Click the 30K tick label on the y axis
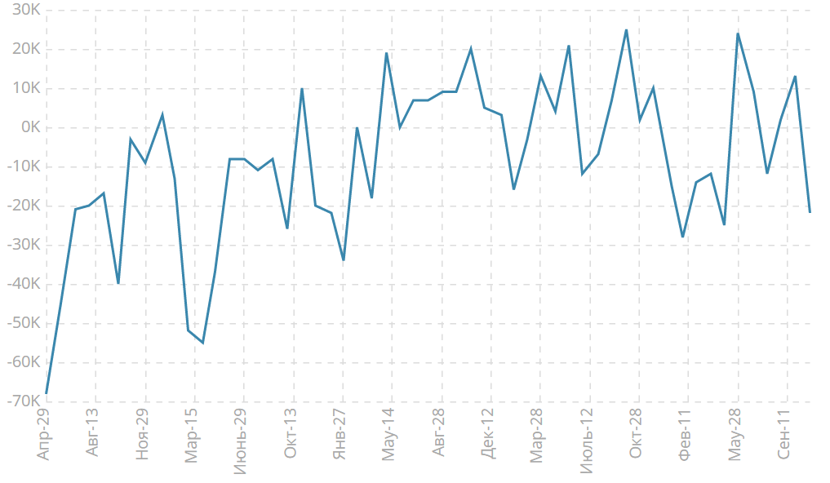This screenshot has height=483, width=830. [27, 11]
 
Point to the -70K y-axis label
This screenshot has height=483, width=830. [24, 401]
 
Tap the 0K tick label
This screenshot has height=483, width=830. [30, 128]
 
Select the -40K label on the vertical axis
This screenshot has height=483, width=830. [24, 284]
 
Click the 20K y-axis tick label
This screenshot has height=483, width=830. [27, 50]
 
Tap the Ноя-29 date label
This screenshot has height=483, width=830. [142, 434]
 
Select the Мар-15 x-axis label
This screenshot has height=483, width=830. [192, 435]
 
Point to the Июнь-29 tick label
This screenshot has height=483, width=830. [241, 439]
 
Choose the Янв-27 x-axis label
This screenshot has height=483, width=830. [340, 434]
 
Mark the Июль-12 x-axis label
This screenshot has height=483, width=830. [586, 439]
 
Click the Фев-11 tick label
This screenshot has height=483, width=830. [685, 434]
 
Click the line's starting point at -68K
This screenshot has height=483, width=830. [47, 393]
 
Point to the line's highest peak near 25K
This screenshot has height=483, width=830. [626, 30]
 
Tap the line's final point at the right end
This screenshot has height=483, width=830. [810, 212]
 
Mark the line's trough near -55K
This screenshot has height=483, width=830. [202, 343]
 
